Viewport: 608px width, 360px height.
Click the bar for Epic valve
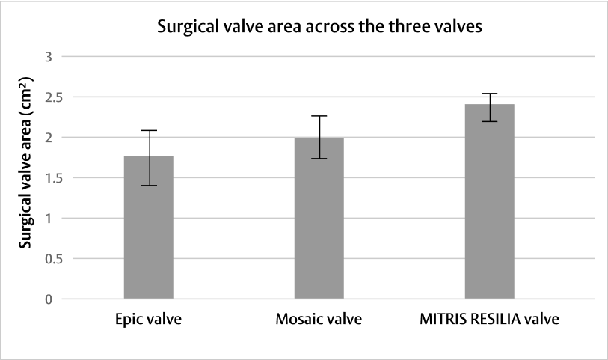click(x=148, y=228)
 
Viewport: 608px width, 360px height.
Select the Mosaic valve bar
click(x=319, y=219)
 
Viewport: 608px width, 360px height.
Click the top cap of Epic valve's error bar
click(x=148, y=130)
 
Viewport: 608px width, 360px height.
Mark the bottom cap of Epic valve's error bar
click(x=148, y=186)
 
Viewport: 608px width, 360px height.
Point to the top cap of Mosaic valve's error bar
click(x=319, y=116)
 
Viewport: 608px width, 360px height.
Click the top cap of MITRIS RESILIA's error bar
click(x=489, y=94)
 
